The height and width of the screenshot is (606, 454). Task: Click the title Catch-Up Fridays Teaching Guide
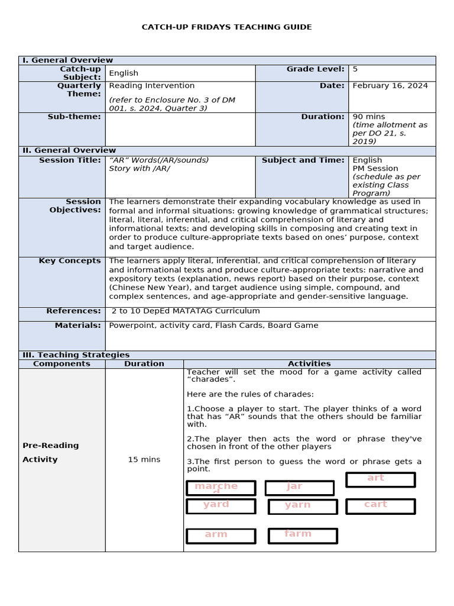pyautogui.click(x=227, y=27)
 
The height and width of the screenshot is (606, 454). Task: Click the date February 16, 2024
pyautogui.click(x=390, y=86)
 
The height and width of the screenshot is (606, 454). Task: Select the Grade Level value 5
pyautogui.click(x=355, y=69)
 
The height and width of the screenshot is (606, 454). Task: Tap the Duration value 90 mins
pyautogui.click(x=368, y=117)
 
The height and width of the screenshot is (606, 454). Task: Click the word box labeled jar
pyautogui.click(x=300, y=488)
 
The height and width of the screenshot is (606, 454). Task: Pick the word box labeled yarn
pyautogui.click(x=303, y=507)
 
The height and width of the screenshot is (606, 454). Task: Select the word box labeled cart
pyautogui.click(x=380, y=505)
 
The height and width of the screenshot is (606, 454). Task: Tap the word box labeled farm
pyautogui.click(x=303, y=535)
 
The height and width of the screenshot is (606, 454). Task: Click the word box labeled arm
pyautogui.click(x=220, y=536)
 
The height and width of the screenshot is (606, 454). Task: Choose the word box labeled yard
pyautogui.click(x=220, y=506)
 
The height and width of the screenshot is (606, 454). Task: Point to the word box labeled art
pyautogui.click(x=380, y=479)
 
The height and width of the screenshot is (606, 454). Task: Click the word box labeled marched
pyautogui.click(x=220, y=488)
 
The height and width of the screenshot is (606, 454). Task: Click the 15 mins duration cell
pyautogui.click(x=144, y=459)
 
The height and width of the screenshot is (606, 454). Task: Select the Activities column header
pyautogui.click(x=309, y=363)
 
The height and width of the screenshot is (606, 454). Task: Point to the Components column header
pyautogui.click(x=61, y=363)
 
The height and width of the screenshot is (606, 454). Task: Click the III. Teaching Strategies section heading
pyautogui.click(x=76, y=354)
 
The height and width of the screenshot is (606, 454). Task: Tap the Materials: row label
pyautogui.click(x=77, y=325)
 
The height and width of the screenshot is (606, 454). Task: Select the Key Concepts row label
pyautogui.click(x=70, y=260)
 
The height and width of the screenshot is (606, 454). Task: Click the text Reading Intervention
pyautogui.click(x=152, y=86)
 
